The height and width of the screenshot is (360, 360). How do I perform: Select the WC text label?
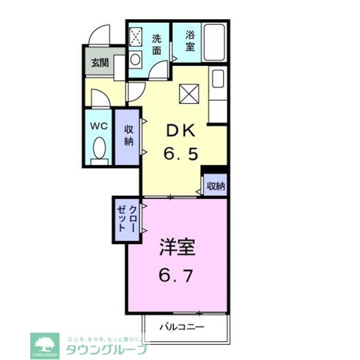pyautogui.click(x=99, y=126)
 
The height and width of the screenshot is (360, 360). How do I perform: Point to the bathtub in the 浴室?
pyautogui.click(x=215, y=42)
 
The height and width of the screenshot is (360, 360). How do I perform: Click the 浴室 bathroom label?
pyautogui.click(x=190, y=41)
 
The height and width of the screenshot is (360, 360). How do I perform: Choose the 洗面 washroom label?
pyautogui.click(x=156, y=44)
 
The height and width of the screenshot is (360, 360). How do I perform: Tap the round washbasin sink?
pyautogui.click(x=136, y=59)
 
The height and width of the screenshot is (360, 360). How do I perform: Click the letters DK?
pyautogui.click(x=180, y=131)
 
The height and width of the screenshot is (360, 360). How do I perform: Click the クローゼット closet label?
pyautogui.click(x=127, y=219)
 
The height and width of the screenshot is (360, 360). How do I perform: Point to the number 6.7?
pyautogui.click(x=176, y=276)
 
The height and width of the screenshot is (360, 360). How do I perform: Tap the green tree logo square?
pyautogui.click(x=45, y=345)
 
